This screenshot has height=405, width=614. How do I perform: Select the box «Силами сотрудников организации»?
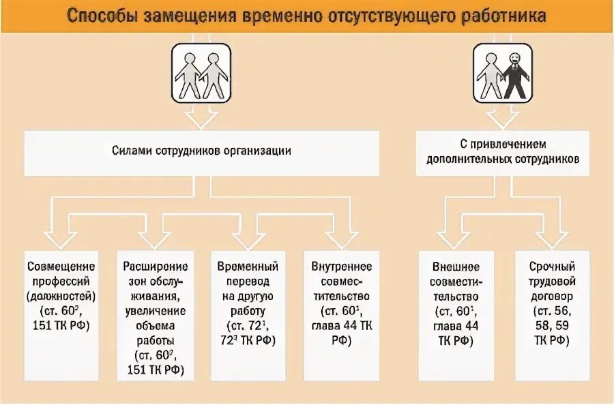point(201,151)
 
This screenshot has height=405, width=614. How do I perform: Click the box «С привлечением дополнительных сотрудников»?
point(503,152)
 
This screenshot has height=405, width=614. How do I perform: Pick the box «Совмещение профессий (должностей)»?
point(61,314)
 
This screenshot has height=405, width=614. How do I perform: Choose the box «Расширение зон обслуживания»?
point(155,314)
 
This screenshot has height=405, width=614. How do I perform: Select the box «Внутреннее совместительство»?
point(340,314)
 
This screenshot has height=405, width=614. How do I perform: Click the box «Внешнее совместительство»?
point(456,314)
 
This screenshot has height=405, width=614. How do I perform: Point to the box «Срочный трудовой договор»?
point(553,314)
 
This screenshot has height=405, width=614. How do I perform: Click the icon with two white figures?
point(200,73)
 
